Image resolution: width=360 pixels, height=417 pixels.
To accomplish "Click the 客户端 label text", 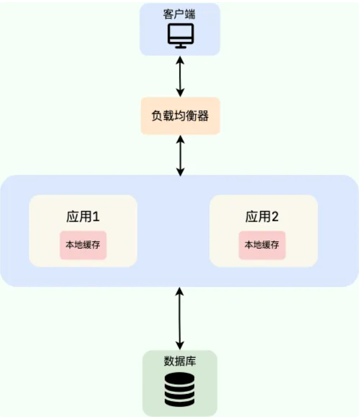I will (179, 14).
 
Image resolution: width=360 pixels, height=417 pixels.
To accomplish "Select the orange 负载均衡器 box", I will (180, 116).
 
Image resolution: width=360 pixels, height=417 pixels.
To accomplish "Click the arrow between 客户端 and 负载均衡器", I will (180, 76).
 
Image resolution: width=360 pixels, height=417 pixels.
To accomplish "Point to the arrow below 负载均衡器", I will (180, 155).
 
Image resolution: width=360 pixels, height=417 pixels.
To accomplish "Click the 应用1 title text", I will (83, 216).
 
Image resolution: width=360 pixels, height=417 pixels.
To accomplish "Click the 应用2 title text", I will (262, 216).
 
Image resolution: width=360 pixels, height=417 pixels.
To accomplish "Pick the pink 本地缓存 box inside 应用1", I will (83, 245).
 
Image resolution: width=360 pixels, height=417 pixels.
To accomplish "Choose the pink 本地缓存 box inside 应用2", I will (262, 245).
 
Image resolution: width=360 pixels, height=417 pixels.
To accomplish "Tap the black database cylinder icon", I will (180, 389).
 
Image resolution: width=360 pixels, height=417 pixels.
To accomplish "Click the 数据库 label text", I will (180, 361).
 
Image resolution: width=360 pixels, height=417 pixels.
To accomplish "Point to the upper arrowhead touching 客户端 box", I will (180, 59).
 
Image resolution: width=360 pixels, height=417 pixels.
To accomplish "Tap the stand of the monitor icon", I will (180, 45).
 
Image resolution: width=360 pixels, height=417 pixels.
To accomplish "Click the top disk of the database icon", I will (180, 378).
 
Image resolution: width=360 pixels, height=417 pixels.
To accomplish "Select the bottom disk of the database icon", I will (180, 402).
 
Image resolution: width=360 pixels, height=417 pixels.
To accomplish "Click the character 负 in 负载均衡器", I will (157, 116).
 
